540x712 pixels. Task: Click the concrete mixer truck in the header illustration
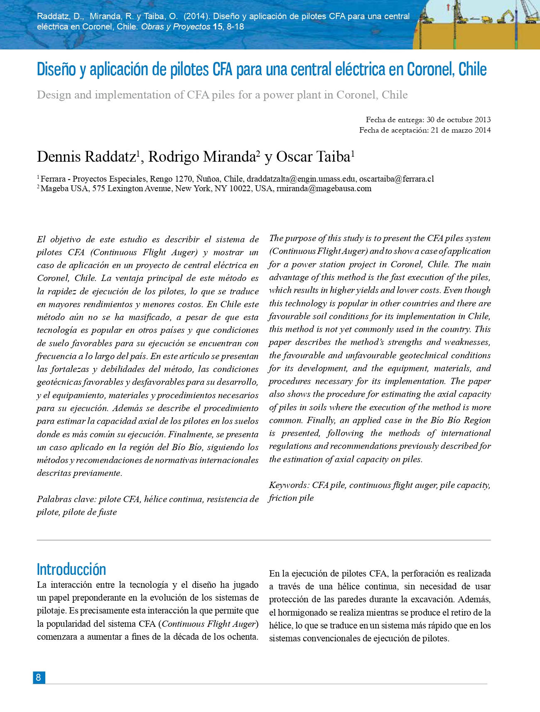point(485,20)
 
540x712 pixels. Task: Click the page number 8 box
point(39,678)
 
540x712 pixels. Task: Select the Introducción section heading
point(71,569)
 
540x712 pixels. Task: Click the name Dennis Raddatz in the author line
point(86,157)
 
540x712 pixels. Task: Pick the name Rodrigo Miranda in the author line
point(201,157)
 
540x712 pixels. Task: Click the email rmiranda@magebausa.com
point(324,189)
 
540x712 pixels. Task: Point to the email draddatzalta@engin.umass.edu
point(301,179)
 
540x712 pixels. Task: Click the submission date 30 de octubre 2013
point(459,120)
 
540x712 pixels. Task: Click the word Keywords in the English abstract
point(288,485)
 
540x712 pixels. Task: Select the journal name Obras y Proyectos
point(176,27)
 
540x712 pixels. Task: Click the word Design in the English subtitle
point(54,95)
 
